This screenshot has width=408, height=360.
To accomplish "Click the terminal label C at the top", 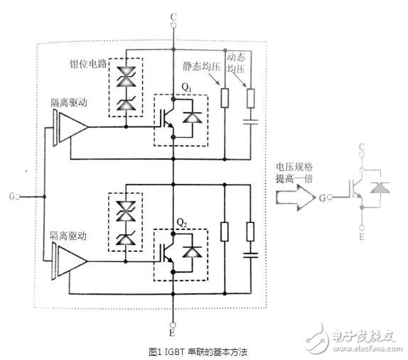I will click(x=173, y=15).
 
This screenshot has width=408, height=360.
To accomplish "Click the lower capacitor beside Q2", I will click(x=250, y=253).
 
